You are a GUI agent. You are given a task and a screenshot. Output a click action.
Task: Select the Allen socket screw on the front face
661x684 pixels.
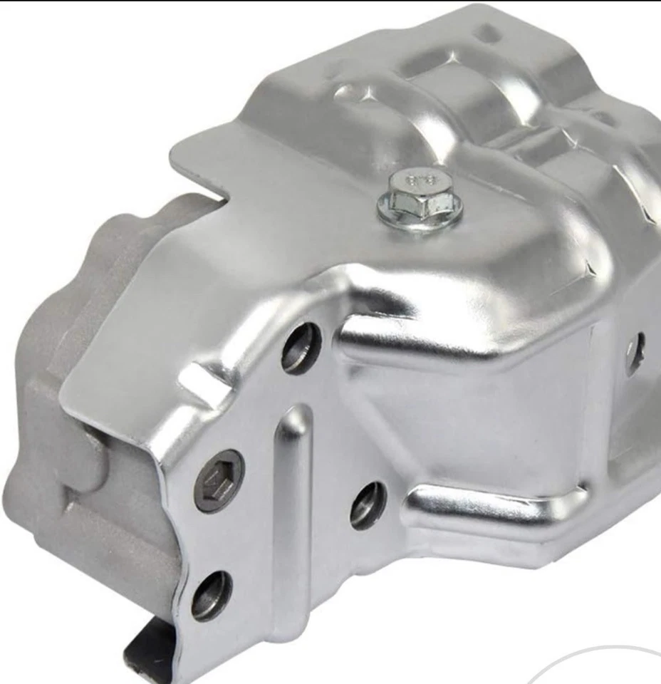tap(219, 481)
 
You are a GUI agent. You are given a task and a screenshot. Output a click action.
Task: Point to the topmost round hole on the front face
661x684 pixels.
tap(301, 348)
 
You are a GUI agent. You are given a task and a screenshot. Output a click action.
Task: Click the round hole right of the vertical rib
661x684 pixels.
tap(368, 505)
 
